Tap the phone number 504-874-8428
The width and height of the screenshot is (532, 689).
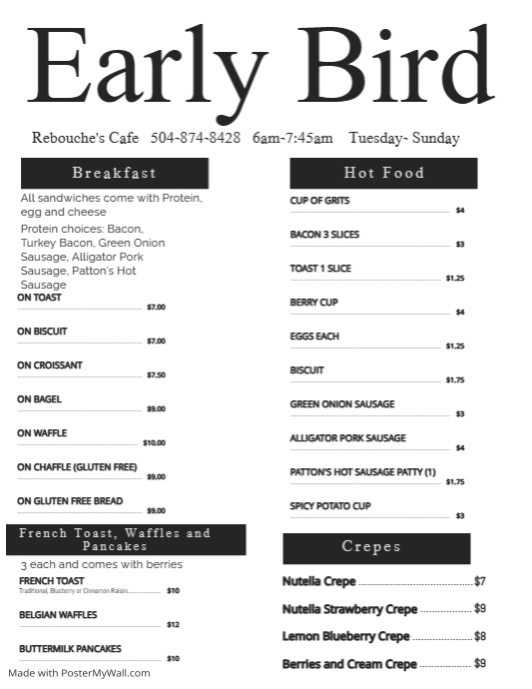[195, 138]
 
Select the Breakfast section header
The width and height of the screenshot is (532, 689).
[114, 173]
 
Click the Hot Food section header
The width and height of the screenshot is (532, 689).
[383, 173]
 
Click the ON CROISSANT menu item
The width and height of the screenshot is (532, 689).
[50, 365]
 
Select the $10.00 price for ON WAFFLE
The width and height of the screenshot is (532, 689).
[154, 442]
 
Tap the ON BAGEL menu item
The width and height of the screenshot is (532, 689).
[39, 399]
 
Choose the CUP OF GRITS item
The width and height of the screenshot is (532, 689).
[319, 201]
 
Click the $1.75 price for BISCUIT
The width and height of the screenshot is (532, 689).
[455, 379]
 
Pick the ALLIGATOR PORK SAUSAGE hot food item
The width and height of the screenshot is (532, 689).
[347, 438]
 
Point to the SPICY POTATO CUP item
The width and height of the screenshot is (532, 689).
[330, 506]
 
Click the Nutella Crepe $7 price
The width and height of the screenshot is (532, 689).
[479, 581]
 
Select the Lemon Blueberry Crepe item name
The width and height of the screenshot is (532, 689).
[345, 636]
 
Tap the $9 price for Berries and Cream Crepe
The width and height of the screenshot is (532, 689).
[479, 664]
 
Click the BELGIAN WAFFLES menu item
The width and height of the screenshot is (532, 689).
[58, 615]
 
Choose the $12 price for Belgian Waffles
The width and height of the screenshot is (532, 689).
[173, 625]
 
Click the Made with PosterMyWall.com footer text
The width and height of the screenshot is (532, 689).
[80, 673]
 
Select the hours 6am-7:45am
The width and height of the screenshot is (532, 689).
[292, 138]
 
